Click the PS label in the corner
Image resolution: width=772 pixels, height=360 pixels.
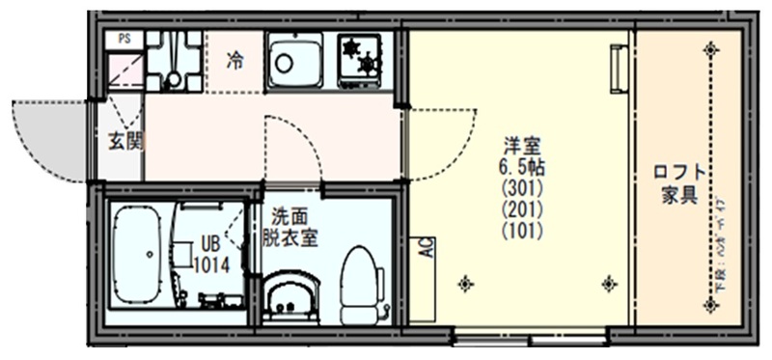tap(124, 39)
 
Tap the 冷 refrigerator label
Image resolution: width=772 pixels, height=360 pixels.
tap(234, 61)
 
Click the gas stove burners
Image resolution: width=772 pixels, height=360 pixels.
tap(359, 55)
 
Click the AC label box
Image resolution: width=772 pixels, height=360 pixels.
tap(423, 250)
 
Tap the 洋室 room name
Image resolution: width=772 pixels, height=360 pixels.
tap(521, 146)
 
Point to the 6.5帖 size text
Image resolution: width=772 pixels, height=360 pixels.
tap(521, 166)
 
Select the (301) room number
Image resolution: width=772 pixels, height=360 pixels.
tap(521, 188)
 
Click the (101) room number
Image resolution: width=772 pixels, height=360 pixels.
tap(521, 231)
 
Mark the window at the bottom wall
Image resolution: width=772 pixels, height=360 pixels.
tap(530, 338)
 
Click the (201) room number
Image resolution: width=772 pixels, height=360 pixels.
tap(521, 209)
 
